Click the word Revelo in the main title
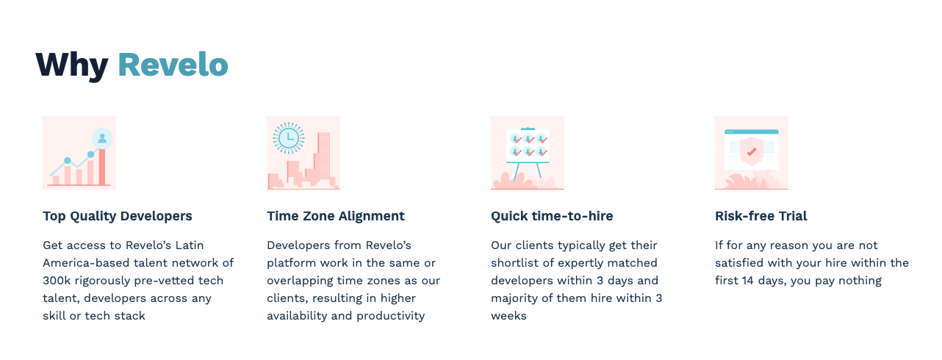(173, 65)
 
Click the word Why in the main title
(72, 66)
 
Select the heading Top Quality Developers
(118, 216)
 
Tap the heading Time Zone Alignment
(336, 216)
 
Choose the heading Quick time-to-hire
(552, 216)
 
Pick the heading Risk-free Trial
(761, 216)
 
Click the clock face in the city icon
(289, 137)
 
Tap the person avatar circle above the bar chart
(102, 138)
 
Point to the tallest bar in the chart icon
(102, 167)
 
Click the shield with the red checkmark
(752, 151)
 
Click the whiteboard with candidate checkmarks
(528, 145)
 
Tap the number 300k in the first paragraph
(57, 281)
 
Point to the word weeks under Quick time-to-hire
(508, 316)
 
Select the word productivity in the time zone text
(391, 316)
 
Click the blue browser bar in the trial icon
(752, 132)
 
